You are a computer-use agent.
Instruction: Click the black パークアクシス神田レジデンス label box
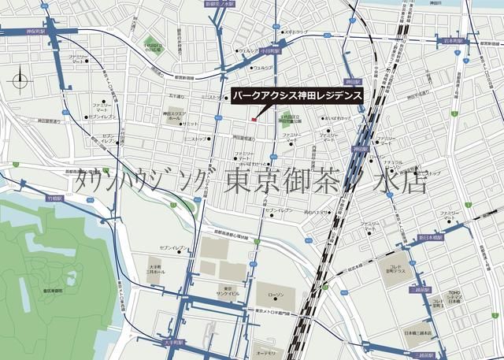(x=297, y=95)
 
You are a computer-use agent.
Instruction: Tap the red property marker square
(x=253, y=120)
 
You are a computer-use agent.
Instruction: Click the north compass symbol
(x=20, y=78)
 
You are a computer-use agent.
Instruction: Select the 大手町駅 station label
(x=174, y=343)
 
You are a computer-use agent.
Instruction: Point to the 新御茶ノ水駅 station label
(x=220, y=4)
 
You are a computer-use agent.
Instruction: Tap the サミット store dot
(x=186, y=124)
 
